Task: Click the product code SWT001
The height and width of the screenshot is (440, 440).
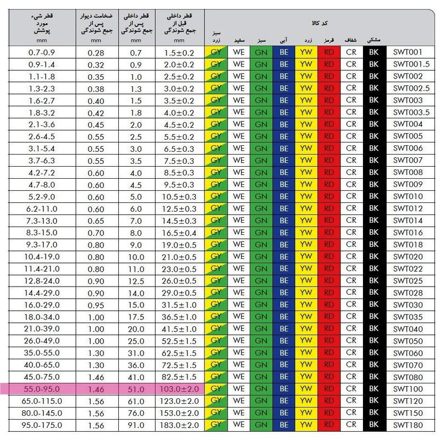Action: [x=408, y=52]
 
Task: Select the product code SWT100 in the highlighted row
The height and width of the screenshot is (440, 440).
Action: [x=408, y=389]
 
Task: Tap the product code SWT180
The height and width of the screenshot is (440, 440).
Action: [x=408, y=425]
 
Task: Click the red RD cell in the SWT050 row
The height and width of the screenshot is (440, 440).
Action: [x=329, y=340]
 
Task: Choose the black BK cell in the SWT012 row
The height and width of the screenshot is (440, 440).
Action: [x=374, y=208]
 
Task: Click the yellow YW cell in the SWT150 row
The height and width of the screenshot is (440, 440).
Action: [x=307, y=413]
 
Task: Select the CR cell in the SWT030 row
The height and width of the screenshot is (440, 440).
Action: [x=351, y=305]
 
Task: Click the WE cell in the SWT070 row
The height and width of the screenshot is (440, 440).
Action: [x=239, y=365]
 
